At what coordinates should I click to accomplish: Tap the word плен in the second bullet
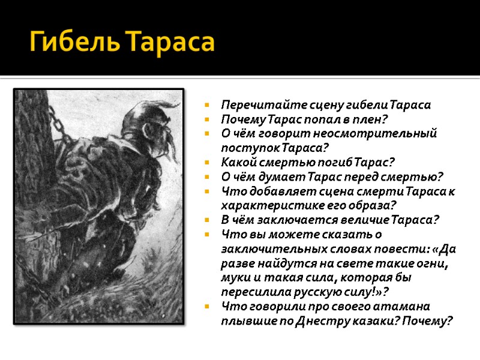(x=371, y=119)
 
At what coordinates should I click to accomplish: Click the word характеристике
(x=265, y=205)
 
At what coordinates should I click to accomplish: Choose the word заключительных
(x=262, y=248)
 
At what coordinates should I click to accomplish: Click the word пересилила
(x=253, y=291)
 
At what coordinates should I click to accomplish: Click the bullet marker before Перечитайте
(x=206, y=106)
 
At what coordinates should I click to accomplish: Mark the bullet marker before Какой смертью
(x=206, y=163)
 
